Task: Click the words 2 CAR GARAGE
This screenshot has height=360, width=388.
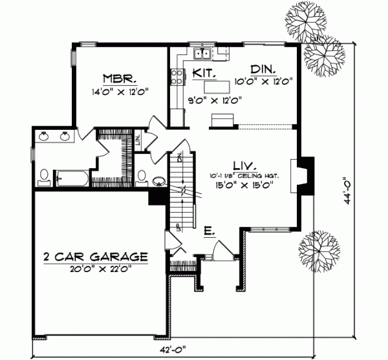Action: pyautogui.click(x=95, y=257)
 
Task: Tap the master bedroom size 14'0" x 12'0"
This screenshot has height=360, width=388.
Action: pyautogui.click(x=121, y=92)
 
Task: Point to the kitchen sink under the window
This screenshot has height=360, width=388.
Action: pyautogui.click(x=203, y=54)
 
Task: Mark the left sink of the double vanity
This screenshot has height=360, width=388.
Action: pyautogui.click(x=44, y=136)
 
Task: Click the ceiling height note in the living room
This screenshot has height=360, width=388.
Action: pyautogui.click(x=242, y=175)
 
